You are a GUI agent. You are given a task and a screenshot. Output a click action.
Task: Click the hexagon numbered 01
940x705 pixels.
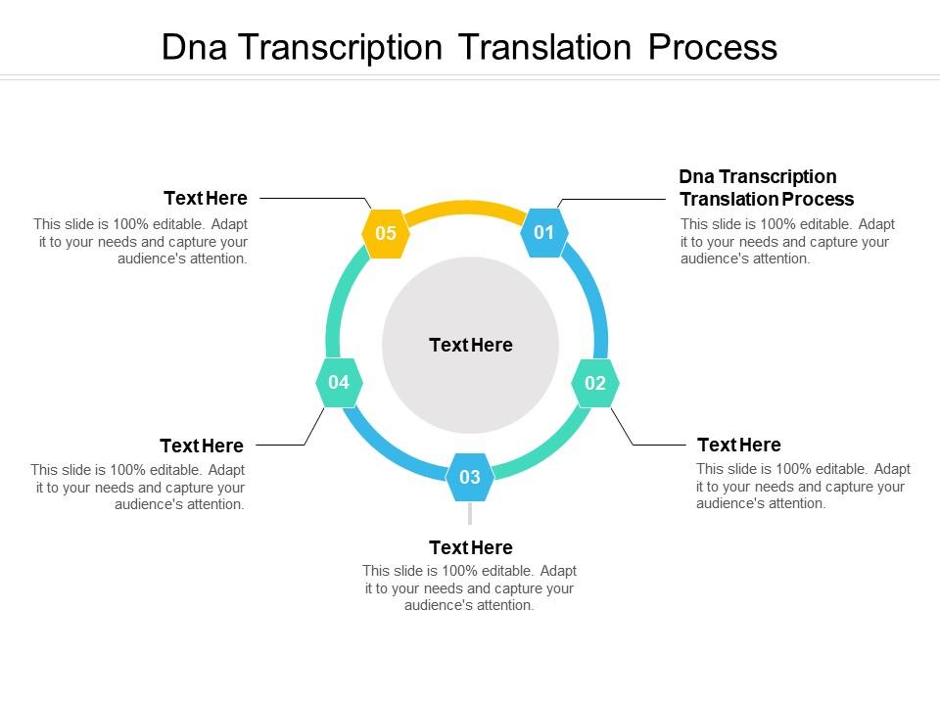point(544,233)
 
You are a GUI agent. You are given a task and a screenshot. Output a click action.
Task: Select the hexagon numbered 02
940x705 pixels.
point(595,383)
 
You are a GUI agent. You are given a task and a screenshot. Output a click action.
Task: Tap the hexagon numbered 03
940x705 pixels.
point(470,477)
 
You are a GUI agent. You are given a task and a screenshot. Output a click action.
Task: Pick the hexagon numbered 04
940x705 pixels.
point(339,383)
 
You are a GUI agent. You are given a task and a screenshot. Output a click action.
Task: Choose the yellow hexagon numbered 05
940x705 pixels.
point(386,233)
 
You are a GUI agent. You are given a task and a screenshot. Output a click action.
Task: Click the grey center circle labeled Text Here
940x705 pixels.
point(470,345)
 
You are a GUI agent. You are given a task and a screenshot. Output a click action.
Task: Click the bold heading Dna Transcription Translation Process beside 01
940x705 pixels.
point(766,187)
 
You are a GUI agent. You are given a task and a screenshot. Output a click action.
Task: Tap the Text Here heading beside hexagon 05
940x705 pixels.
point(206,198)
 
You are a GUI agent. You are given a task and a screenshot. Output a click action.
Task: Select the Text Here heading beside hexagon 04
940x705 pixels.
point(202,446)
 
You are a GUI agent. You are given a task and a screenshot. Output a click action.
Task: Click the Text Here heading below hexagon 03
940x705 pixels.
point(470,547)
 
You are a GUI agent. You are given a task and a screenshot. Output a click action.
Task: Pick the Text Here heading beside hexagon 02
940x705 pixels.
point(738,445)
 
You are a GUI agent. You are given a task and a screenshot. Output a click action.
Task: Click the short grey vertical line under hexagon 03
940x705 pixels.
point(470,512)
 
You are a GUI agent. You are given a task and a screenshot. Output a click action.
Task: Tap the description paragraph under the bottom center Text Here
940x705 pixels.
point(470,587)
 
